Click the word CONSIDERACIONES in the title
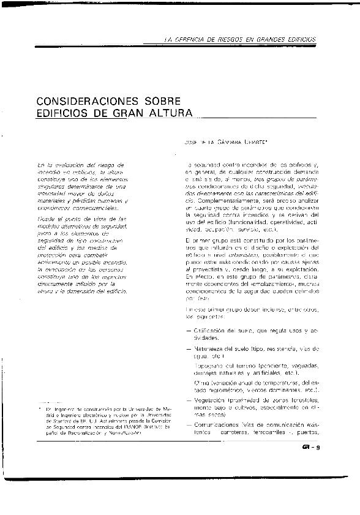tap(84, 100)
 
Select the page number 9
tap(319, 447)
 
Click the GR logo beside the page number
tap(305, 447)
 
